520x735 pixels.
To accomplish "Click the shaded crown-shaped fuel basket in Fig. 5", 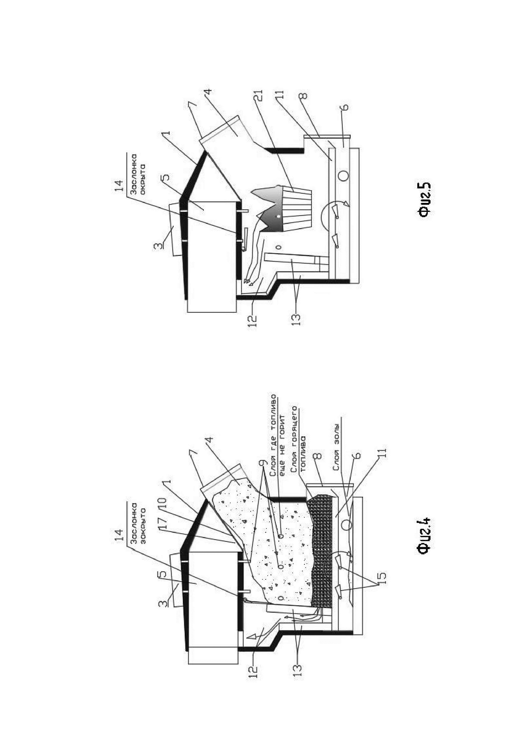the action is coord(282,208).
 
